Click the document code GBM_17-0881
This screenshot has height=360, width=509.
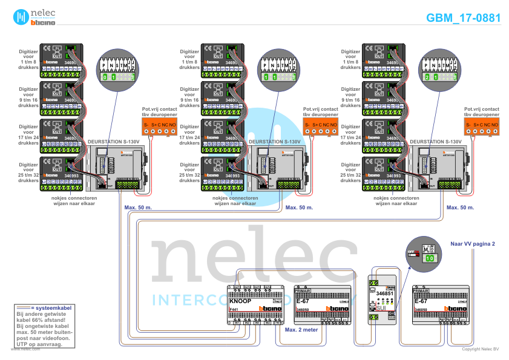[x=463, y=18]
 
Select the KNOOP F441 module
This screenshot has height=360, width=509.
[x=257, y=306]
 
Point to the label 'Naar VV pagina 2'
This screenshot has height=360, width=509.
[x=473, y=244]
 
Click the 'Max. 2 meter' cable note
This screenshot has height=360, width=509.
[x=301, y=330]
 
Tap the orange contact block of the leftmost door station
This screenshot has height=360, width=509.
[x=159, y=125]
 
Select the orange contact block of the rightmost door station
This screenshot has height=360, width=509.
[x=481, y=125]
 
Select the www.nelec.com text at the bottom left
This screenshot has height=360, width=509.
[x=23, y=350]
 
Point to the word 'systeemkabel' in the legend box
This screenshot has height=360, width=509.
[x=51, y=308]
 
